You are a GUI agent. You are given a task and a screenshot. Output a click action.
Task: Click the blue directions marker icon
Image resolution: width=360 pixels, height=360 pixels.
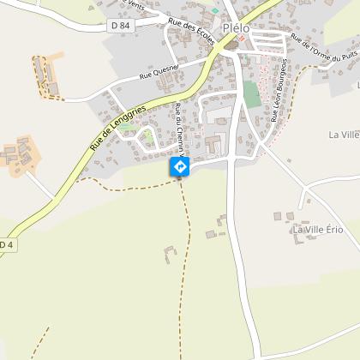coord(180,166)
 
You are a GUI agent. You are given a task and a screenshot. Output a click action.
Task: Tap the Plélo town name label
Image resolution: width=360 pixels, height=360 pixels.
coord(237,27)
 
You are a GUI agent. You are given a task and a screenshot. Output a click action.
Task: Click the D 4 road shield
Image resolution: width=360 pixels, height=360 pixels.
coord(6,245)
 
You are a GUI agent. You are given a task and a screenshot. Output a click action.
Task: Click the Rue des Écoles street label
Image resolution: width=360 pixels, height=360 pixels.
coord(191,31)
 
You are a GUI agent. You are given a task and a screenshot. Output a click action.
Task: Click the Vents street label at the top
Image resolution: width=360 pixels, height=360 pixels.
coord(134,3)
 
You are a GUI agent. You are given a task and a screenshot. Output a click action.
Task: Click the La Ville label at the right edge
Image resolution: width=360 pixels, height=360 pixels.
coord(344,135)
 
